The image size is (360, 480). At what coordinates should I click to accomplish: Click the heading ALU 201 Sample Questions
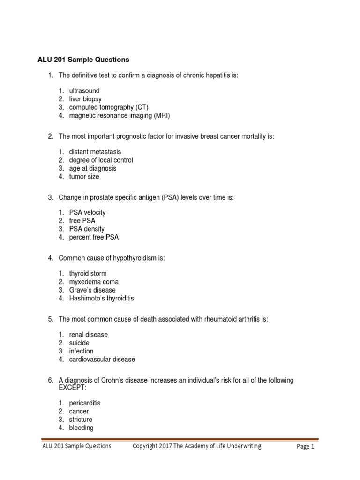pyautogui.click(x=83, y=60)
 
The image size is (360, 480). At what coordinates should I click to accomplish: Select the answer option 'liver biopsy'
pyautogui.click(x=85, y=99)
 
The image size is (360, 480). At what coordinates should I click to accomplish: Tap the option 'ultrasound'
pyautogui.click(x=84, y=90)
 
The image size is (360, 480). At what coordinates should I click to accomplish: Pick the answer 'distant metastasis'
pyautogui.click(x=95, y=151)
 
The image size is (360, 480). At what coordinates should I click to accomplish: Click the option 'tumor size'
pyautogui.click(x=84, y=177)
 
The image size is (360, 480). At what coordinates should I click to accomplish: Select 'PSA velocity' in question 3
pyautogui.click(x=88, y=212)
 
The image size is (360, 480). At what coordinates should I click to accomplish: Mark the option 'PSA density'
pyautogui.click(x=87, y=229)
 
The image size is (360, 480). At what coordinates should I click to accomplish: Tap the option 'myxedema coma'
pyautogui.click(x=94, y=282)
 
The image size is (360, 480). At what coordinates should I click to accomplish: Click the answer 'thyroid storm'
pyautogui.click(x=88, y=273)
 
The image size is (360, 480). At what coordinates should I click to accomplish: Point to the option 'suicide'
pyautogui.click(x=79, y=343)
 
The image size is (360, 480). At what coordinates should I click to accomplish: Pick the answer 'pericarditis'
pyautogui.click(x=85, y=403)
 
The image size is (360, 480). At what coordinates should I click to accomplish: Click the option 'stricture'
pyautogui.click(x=81, y=420)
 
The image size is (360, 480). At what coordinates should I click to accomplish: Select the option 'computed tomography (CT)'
pyautogui.click(x=109, y=107)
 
